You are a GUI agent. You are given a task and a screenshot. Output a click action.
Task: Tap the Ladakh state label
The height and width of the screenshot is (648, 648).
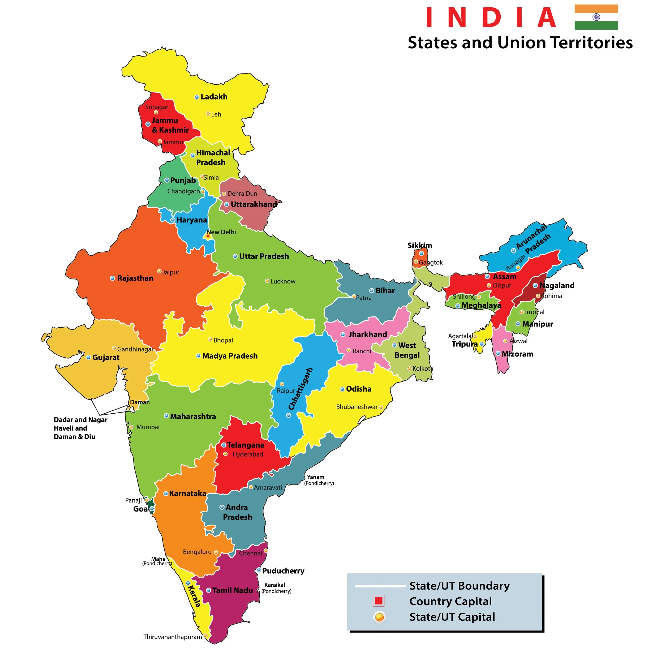[214, 97]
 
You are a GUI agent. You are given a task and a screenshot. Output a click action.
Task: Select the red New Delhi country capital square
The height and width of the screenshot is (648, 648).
[208, 236]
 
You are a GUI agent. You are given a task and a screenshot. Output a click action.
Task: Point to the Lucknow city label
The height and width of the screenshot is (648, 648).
[282, 281]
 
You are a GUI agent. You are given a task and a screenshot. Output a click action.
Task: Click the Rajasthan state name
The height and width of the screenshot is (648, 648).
[135, 278]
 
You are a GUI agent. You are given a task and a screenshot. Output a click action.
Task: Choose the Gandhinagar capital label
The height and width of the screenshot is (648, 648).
[135, 349]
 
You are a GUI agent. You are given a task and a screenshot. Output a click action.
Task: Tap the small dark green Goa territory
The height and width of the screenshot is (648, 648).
[151, 502]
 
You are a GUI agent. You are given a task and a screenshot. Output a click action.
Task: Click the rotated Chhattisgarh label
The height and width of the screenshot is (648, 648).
[300, 389]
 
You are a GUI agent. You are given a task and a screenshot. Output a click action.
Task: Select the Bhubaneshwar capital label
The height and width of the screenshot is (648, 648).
[357, 407]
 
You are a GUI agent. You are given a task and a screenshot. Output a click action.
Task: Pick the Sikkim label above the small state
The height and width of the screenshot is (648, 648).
[420, 246]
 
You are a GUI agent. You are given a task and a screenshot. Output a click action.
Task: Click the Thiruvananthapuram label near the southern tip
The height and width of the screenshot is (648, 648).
[172, 637]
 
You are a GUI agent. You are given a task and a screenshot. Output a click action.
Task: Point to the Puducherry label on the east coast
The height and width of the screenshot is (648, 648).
[283, 571]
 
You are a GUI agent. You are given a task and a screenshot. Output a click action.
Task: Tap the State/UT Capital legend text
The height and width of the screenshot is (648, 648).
[452, 617]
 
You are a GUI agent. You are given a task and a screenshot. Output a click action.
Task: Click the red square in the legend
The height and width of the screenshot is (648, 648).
[379, 601]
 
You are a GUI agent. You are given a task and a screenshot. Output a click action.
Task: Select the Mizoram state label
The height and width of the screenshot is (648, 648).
[517, 354]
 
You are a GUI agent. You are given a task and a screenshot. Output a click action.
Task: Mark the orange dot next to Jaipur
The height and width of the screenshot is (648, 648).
[159, 271]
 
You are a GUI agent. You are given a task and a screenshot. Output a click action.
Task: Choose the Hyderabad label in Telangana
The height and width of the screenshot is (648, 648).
[248, 454]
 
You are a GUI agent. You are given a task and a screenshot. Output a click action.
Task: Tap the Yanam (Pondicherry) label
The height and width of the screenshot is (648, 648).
[319, 480]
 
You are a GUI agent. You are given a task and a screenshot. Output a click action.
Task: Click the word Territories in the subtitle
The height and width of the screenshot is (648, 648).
[591, 43]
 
